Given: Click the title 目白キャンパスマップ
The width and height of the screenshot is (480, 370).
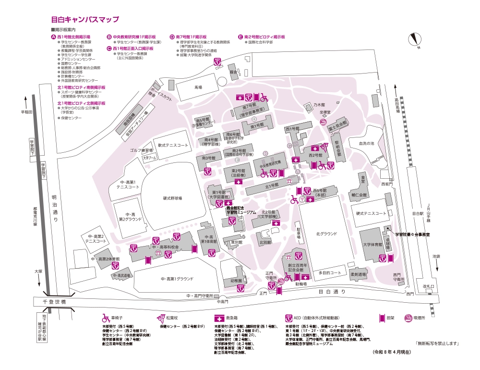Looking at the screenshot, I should [x=84, y=20].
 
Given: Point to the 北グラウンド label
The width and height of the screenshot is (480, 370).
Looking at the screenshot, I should [x=326, y=234].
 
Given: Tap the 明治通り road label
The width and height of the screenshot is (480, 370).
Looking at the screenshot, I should [x=54, y=207].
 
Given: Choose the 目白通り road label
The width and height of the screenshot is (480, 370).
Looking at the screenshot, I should [x=332, y=291].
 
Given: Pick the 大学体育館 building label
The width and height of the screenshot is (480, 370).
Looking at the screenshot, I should [x=372, y=245].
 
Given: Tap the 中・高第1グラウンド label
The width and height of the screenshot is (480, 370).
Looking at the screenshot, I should [x=177, y=279].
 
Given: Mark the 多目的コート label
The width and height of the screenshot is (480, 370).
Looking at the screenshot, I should [x=329, y=272].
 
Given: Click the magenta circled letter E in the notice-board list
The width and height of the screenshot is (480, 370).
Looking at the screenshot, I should [x=240, y=37].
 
